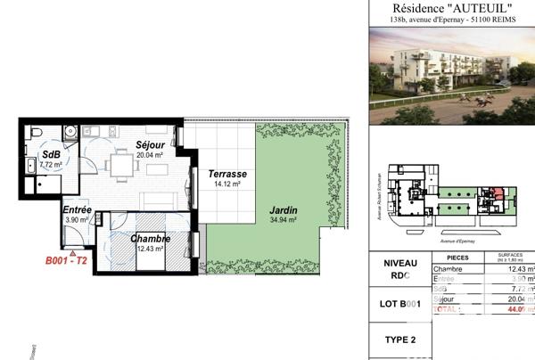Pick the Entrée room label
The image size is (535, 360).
pos(78,209)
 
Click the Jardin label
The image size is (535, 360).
pos(284,210)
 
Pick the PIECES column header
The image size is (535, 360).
pos(457,256)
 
